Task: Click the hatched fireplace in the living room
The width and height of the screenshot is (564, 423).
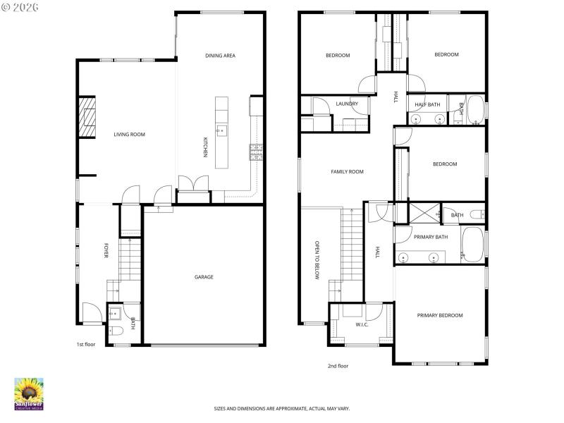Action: point(87,116)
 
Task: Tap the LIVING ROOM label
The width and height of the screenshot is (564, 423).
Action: point(130,134)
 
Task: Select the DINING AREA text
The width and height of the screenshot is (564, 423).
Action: point(220,55)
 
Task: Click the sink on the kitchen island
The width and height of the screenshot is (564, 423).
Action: point(221,130)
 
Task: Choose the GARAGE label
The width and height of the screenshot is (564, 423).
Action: point(204,277)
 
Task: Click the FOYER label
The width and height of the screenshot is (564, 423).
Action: point(106,251)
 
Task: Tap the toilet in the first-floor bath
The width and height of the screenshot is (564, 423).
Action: point(116,330)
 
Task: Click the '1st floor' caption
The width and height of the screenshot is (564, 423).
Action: point(86,345)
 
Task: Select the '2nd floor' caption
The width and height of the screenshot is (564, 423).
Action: point(338,366)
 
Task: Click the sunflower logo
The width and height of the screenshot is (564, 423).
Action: point(29,392)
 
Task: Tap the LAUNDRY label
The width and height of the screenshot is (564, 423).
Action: point(347,104)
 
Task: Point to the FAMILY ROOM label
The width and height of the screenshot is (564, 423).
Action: point(347,171)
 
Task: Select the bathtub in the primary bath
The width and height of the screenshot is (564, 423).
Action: point(472,245)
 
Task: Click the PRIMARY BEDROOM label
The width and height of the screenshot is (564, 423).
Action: point(440,315)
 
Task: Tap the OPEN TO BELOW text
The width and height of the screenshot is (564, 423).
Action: point(317,260)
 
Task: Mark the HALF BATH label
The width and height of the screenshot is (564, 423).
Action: point(427,104)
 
